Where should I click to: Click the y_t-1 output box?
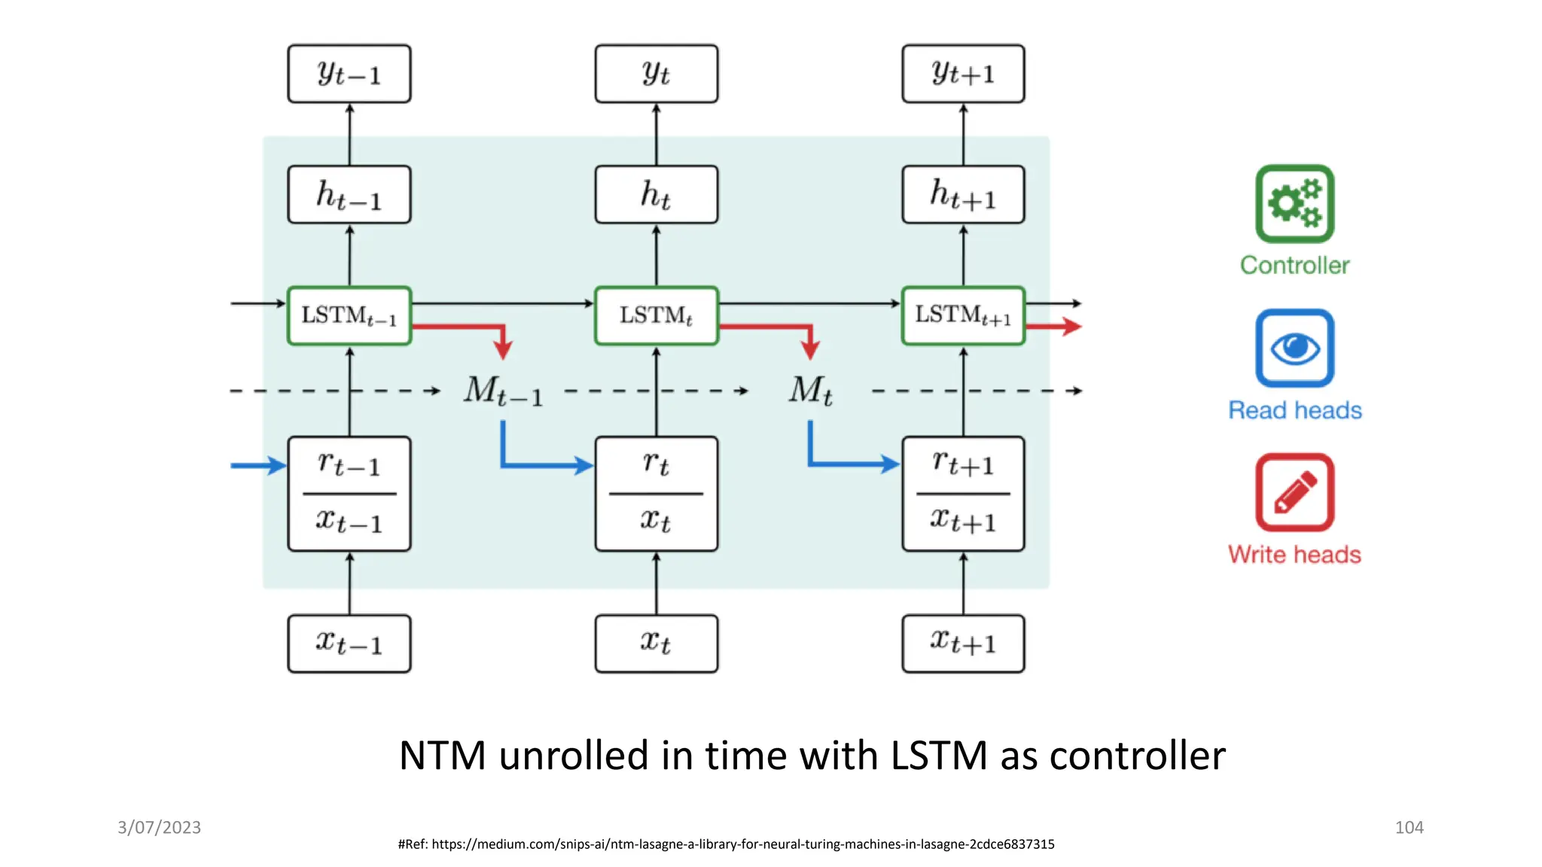349,74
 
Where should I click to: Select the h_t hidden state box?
656,195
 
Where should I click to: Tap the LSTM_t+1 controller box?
963,315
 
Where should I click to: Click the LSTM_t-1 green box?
349,315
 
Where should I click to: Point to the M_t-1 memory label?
503,391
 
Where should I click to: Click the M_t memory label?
811,391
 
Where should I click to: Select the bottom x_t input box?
656,643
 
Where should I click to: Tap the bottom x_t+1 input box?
963,643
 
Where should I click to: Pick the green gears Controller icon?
1294,204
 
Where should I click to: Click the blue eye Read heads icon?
1294,348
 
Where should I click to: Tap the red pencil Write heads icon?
1294,493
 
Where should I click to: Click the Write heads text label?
1294,555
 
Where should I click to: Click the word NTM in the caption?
442,756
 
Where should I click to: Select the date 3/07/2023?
159,827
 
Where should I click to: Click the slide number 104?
1409,827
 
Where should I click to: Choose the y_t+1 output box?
963,74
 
